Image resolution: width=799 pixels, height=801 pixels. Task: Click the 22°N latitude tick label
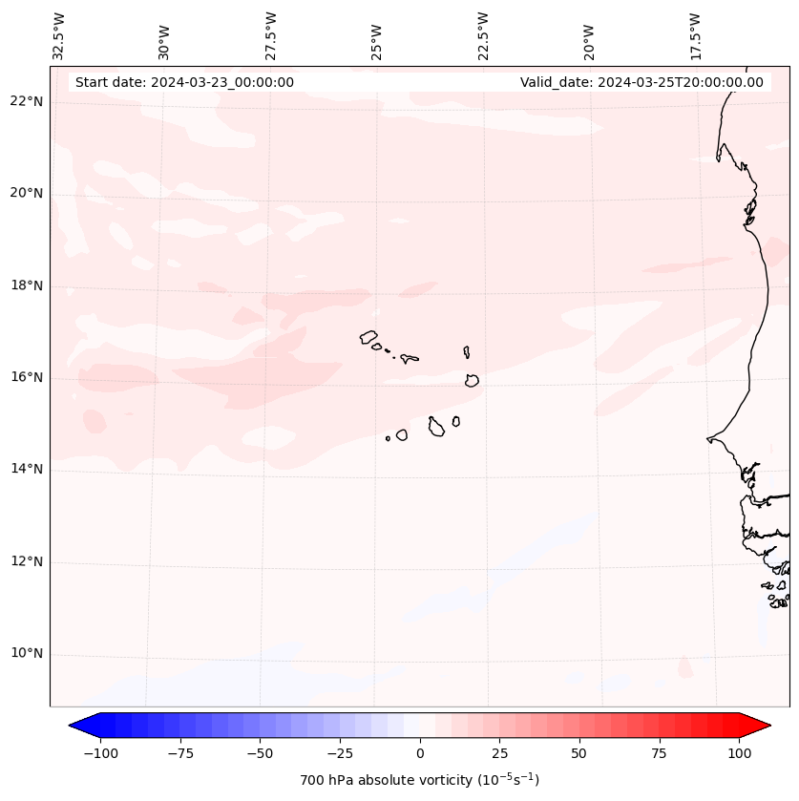[x=25, y=102]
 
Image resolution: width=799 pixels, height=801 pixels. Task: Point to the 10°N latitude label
[x=25, y=654]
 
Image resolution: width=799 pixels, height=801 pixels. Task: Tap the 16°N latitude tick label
[x=25, y=378]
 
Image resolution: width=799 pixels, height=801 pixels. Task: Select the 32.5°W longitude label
[x=59, y=35]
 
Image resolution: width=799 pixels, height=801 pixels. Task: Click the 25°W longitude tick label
[x=377, y=37]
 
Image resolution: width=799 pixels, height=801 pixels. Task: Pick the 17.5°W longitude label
[x=695, y=35]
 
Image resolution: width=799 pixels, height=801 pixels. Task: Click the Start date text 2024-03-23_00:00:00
[x=184, y=82]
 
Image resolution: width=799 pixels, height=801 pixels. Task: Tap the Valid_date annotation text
[x=641, y=82]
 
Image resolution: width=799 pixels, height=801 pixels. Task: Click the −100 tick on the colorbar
[x=100, y=754]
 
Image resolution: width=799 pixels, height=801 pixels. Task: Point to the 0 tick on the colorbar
[x=420, y=754]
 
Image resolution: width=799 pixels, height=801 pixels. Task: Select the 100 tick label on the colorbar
[x=739, y=754]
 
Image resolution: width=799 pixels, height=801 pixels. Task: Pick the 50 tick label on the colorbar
[x=579, y=754]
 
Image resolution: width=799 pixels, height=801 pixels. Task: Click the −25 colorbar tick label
[x=340, y=754]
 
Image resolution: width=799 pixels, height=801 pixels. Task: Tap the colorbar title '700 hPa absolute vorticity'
[x=419, y=781]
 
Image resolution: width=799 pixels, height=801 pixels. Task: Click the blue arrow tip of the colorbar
[x=74, y=727]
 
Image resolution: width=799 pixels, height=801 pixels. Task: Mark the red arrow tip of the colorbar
[x=767, y=727]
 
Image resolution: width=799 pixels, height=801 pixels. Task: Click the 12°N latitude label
[x=25, y=562]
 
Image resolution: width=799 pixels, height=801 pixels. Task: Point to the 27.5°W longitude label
[x=271, y=35]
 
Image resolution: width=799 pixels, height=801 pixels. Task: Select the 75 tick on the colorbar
[x=659, y=754]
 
